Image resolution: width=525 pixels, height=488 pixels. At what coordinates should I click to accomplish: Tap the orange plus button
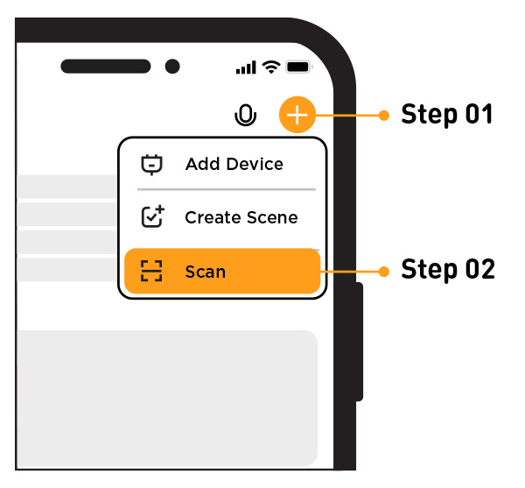tap(297, 115)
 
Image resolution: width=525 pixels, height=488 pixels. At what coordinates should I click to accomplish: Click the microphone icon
tap(247, 115)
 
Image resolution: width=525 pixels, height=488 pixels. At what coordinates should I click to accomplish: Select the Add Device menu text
tap(234, 164)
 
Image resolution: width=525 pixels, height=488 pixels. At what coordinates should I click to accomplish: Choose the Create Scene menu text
tap(241, 217)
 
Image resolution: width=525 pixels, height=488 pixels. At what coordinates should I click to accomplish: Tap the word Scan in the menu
tap(205, 272)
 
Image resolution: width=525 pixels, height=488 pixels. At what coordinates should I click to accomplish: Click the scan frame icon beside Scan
tap(152, 272)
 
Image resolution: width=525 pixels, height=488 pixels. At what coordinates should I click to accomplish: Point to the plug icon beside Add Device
tap(152, 164)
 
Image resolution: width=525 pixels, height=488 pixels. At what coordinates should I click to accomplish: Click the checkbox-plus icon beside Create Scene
tap(152, 217)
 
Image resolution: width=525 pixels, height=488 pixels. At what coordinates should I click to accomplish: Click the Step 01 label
tap(447, 115)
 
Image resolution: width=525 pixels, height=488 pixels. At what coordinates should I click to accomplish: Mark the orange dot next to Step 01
tap(381, 115)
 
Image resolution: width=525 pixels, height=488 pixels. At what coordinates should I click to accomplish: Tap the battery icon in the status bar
tap(299, 67)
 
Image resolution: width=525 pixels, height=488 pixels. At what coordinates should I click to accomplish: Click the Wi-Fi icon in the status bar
tap(271, 67)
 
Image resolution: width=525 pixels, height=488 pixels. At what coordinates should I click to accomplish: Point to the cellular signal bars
tap(247, 67)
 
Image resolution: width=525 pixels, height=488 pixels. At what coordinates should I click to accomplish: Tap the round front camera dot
tap(172, 67)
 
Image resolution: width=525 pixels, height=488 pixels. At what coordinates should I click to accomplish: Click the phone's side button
tap(359, 342)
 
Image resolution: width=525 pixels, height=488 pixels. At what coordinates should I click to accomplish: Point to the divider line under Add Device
tap(227, 189)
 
